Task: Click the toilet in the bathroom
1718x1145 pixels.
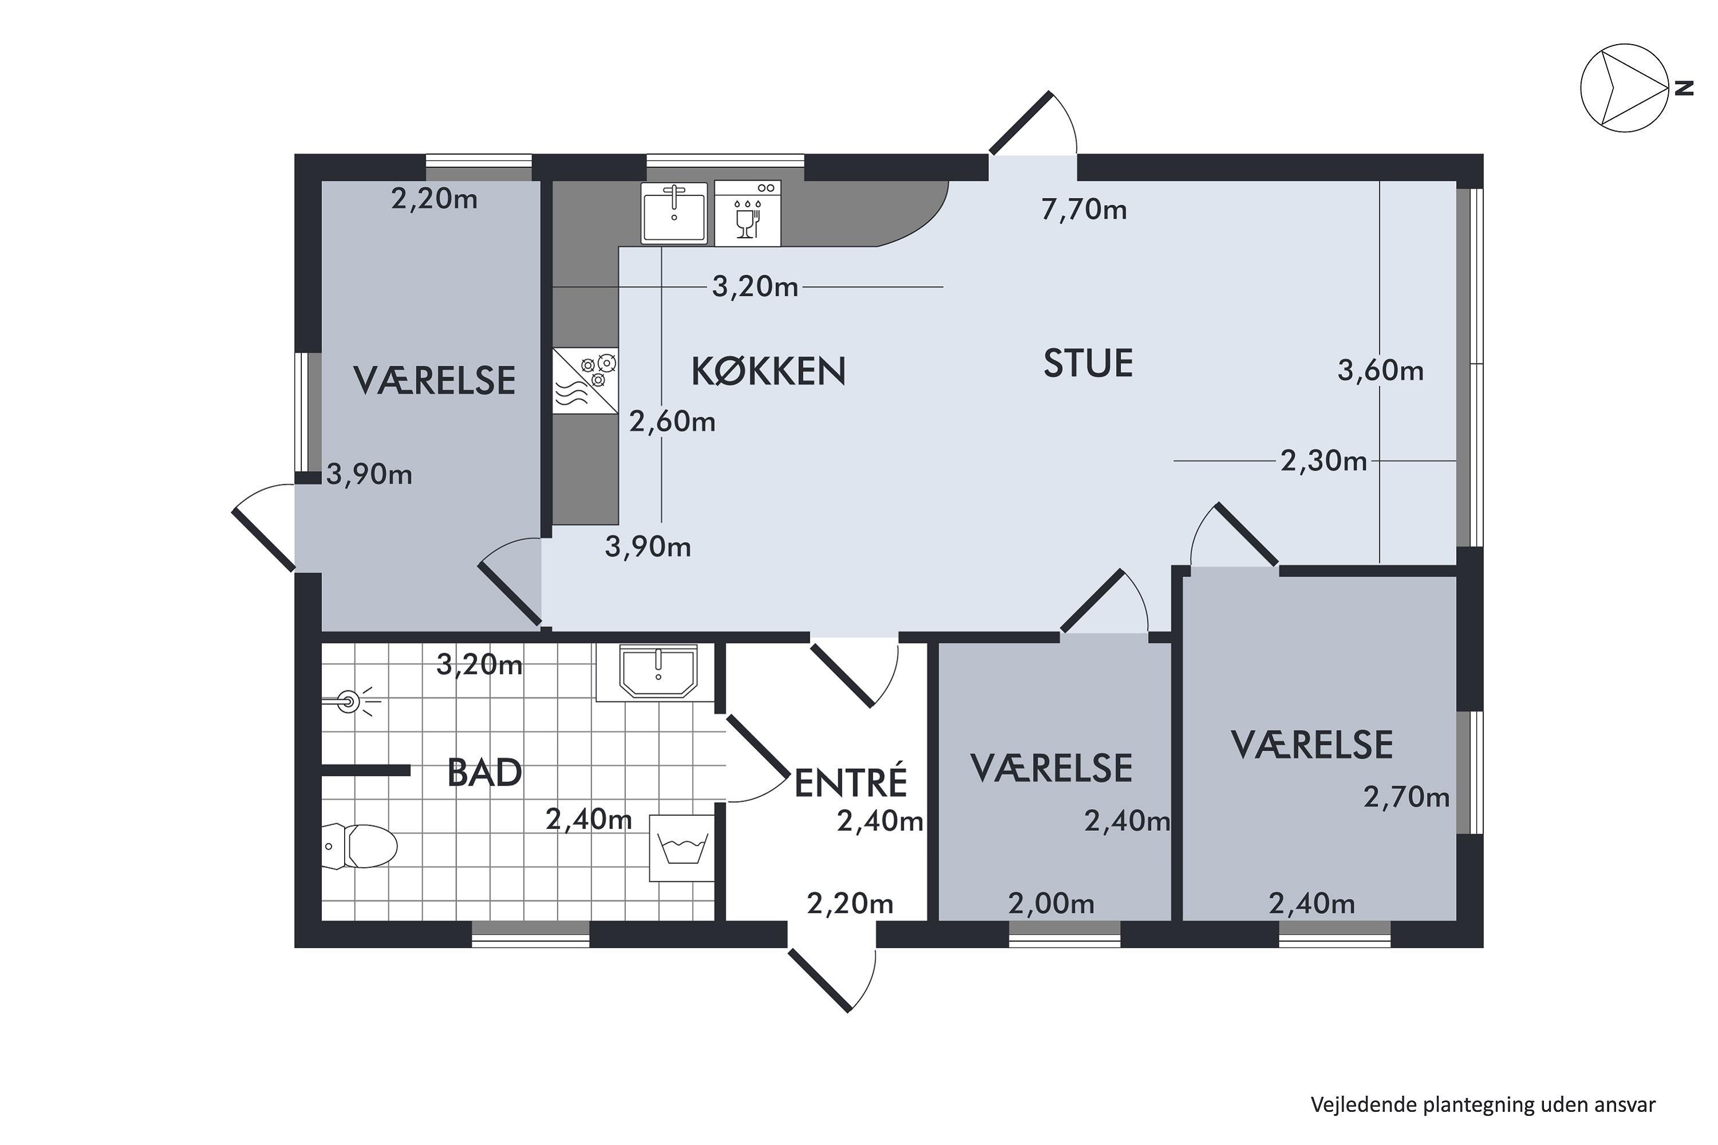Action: tap(360, 846)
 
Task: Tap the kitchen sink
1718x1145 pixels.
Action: tap(674, 212)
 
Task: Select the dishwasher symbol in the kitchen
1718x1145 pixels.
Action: tap(747, 213)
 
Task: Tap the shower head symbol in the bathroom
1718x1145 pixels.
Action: tap(352, 702)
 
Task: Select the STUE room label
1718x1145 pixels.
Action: tap(1087, 363)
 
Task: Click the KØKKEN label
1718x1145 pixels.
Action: tap(769, 371)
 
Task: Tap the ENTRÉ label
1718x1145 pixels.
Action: tap(850, 782)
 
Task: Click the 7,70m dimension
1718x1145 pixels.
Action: tap(1084, 210)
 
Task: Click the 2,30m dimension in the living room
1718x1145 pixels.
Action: tap(1323, 461)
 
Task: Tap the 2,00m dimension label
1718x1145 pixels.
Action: tap(1051, 904)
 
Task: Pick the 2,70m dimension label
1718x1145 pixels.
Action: tap(1406, 797)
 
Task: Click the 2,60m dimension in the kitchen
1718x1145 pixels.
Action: tap(672, 421)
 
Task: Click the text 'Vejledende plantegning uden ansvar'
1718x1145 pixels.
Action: tap(1483, 1105)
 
